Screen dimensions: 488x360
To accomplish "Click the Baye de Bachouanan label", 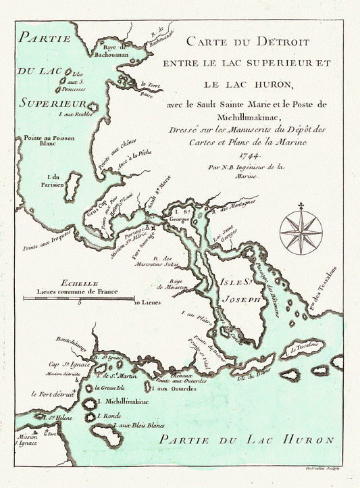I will (114, 51).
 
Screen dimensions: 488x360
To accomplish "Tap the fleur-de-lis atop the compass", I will (301, 206).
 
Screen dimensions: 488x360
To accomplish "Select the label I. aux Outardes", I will (172, 387).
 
